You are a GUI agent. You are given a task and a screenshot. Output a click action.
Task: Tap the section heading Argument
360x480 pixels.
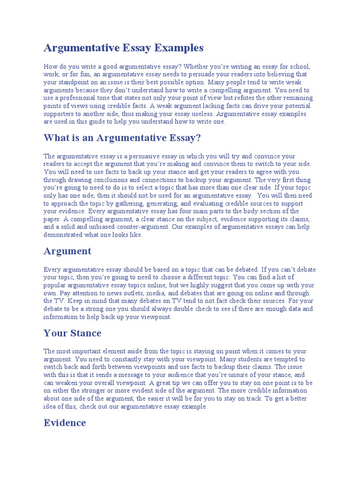click(x=67, y=251)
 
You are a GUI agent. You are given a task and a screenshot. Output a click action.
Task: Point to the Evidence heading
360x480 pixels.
click(x=65, y=423)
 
